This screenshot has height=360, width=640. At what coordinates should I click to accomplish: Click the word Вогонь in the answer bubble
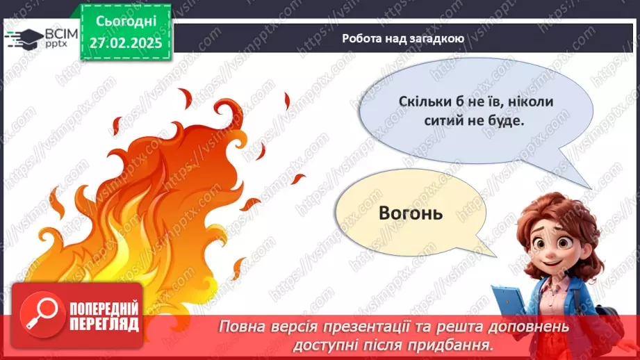(x=411, y=213)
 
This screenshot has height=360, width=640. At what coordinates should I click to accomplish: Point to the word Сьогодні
(x=126, y=22)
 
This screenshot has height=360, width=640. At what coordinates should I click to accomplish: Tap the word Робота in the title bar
(x=361, y=38)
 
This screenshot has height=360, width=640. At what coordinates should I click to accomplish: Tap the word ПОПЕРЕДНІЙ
(x=104, y=307)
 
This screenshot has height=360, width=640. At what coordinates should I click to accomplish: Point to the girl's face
(x=556, y=243)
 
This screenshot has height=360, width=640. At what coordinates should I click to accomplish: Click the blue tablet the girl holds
(x=511, y=303)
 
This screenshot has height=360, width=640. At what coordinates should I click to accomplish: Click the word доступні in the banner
(x=332, y=344)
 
